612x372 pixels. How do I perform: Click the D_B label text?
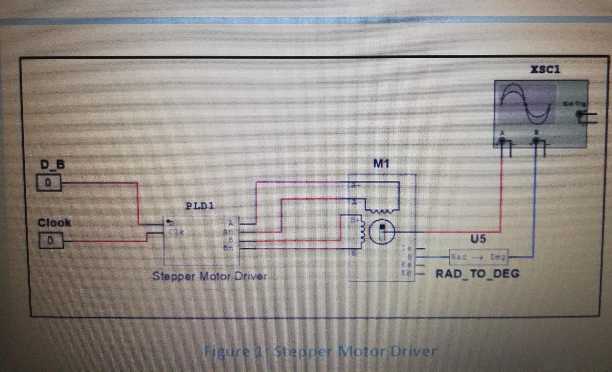(52, 165)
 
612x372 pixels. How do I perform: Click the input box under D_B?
(49, 183)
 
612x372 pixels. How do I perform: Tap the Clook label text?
(54, 223)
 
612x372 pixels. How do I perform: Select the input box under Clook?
(50, 240)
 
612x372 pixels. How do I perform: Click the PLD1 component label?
(200, 206)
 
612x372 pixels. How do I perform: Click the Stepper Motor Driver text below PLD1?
(210, 276)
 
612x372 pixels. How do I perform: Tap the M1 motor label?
(381, 164)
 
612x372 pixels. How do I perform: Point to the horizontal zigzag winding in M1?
(381, 210)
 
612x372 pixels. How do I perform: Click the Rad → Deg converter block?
(478, 257)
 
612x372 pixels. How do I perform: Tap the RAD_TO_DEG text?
(477, 274)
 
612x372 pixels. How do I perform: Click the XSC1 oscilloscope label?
(545, 70)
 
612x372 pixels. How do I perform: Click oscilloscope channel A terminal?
(502, 140)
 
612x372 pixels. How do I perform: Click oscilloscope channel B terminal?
(536, 140)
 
